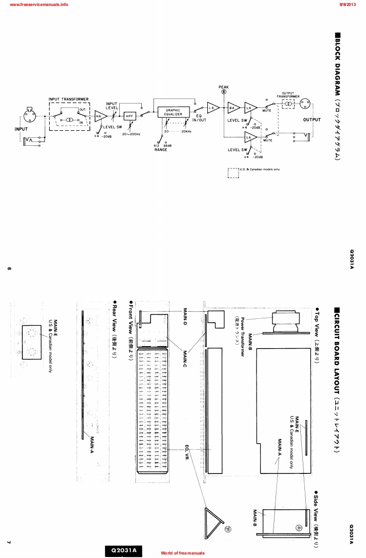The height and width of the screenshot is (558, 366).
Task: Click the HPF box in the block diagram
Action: pyautogui.click(x=130, y=116)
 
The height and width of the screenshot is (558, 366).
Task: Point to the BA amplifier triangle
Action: pyautogui.click(x=232, y=108)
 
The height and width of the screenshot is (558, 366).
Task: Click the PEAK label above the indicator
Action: pyautogui.click(x=224, y=87)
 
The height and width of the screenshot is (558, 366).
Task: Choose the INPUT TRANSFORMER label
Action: pyautogui.click(x=68, y=99)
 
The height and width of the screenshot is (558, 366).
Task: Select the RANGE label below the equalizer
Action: pyautogui.click(x=161, y=149)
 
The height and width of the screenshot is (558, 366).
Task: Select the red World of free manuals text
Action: pyautogui.click(x=183, y=553)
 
